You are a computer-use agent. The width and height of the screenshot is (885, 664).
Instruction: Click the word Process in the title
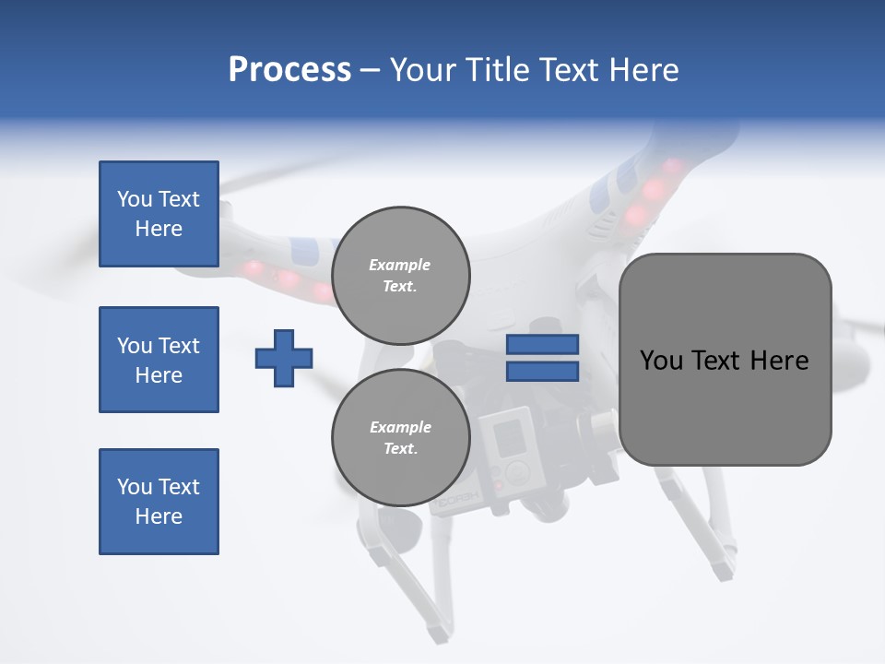click(x=289, y=70)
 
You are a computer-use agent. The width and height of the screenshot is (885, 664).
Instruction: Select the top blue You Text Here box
click(x=159, y=214)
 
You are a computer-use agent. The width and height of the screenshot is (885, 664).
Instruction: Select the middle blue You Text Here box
click(x=159, y=360)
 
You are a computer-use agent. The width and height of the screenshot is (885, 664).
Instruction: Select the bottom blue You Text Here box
click(x=159, y=502)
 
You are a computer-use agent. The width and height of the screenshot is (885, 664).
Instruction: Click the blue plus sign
click(x=284, y=359)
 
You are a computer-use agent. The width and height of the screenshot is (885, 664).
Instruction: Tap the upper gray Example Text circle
click(x=401, y=276)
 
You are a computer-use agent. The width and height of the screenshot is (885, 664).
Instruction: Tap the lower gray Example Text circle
click(x=401, y=438)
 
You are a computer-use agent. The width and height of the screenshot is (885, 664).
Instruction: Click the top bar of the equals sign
click(x=542, y=345)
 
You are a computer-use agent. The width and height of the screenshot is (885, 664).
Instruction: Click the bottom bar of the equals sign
click(x=542, y=372)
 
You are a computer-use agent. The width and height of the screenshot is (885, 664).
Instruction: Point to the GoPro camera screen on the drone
click(x=510, y=439)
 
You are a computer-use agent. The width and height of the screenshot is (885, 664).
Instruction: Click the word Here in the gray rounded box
click(x=779, y=361)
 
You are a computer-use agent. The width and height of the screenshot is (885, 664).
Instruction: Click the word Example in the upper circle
click(x=399, y=265)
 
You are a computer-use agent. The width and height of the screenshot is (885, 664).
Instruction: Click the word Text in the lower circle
click(x=400, y=449)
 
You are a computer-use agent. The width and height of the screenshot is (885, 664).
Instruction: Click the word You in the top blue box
click(x=134, y=199)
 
